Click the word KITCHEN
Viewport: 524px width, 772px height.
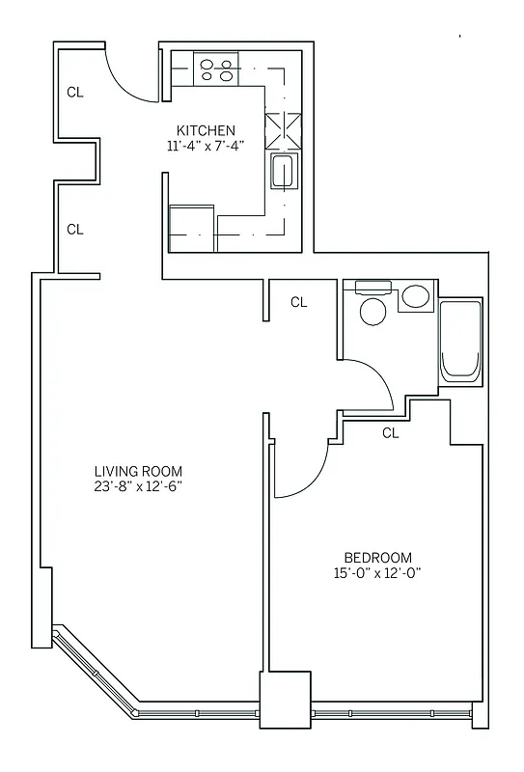pos(206,130)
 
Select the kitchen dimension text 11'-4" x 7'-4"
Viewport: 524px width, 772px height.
pos(206,147)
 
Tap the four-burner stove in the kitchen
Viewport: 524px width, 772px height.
pos(217,69)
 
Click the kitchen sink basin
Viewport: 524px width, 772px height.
pos(283,172)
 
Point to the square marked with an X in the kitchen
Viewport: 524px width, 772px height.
pos(282,127)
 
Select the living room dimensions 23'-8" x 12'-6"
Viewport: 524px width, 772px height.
pos(132,486)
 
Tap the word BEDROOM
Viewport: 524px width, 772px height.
pos(378,558)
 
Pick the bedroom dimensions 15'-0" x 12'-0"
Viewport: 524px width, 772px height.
pos(378,573)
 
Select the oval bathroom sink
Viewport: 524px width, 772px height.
pos(417,296)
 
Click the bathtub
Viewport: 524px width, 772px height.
pos(459,344)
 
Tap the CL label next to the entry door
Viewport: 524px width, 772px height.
pos(75,93)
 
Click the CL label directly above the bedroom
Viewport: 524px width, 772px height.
pos(390,433)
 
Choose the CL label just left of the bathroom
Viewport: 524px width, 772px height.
pos(299,302)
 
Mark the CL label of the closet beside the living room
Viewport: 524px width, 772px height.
pos(75,230)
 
